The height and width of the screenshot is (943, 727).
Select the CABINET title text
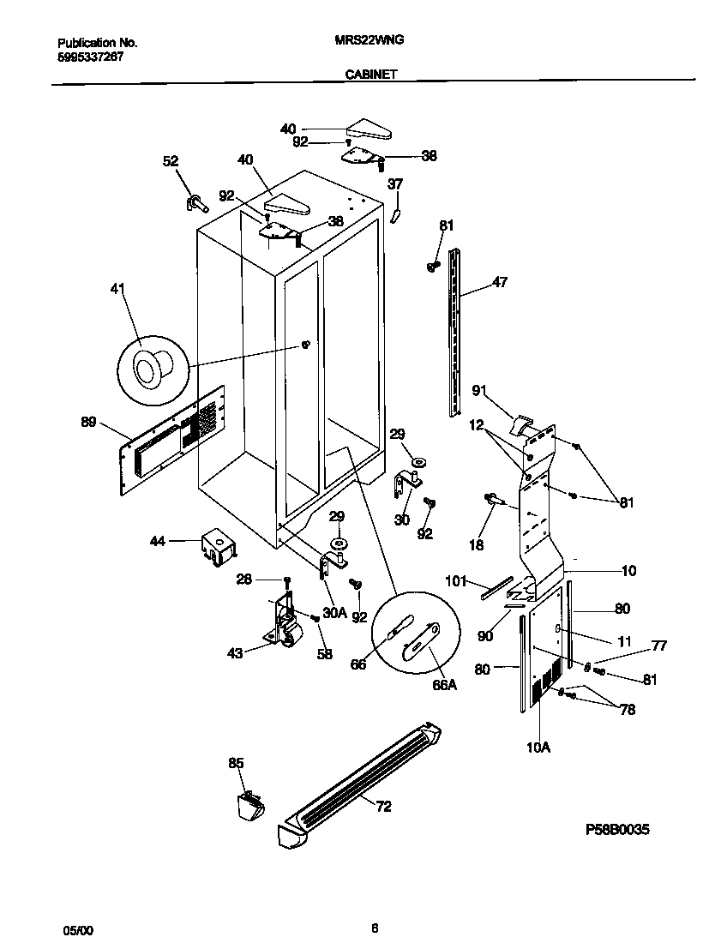tap(370, 75)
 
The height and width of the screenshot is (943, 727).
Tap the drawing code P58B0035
tap(617, 829)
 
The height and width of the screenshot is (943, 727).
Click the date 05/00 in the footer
tap(75, 929)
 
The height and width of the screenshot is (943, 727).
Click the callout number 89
tap(87, 422)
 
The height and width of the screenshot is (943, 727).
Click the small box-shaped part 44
tap(219, 546)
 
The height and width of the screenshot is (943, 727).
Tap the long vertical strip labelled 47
tap(454, 330)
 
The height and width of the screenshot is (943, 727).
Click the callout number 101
tap(455, 581)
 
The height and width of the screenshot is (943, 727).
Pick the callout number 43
tap(234, 653)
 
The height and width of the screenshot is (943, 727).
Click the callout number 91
tap(479, 391)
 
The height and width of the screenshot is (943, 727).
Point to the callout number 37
tap(394, 183)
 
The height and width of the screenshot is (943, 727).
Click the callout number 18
tap(476, 544)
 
